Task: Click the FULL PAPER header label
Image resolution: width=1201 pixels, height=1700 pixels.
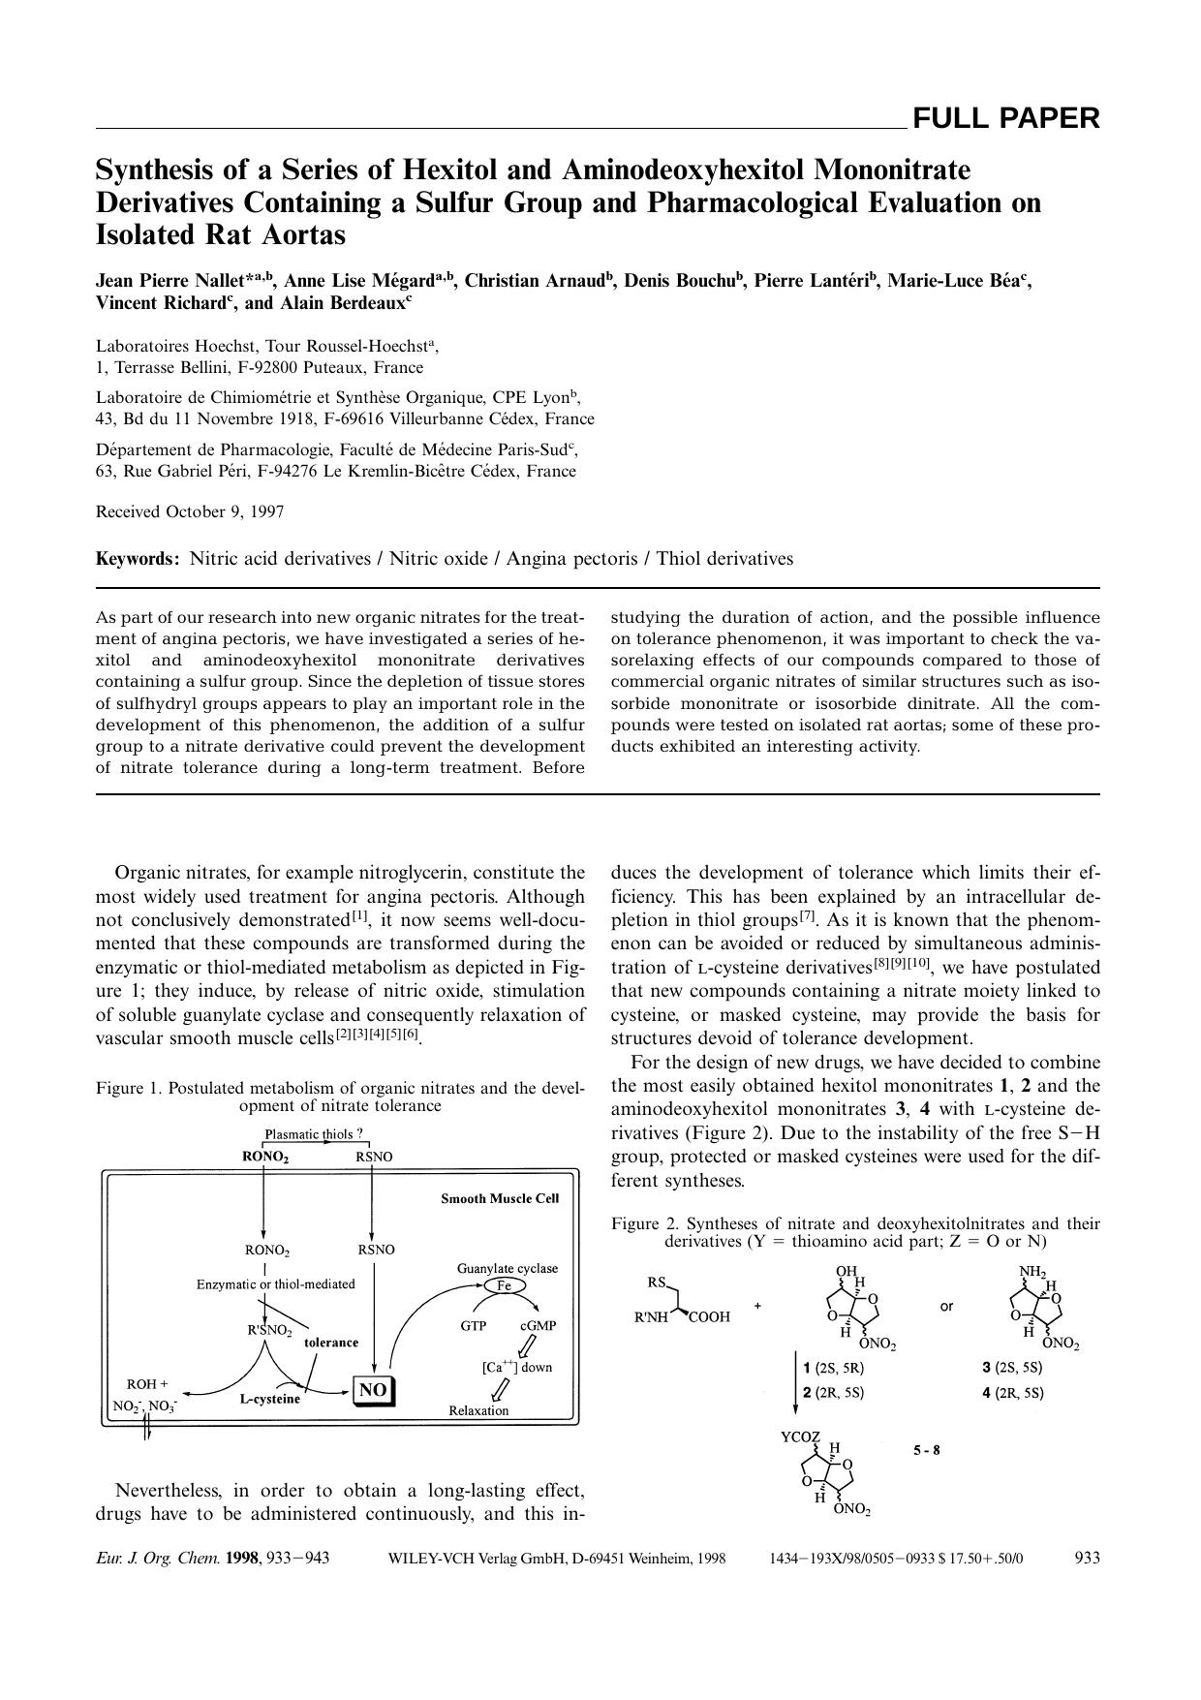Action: [1005, 119]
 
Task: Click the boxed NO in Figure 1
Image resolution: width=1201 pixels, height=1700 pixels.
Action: [373, 1390]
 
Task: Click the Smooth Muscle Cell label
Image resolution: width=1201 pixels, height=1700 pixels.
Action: [500, 1198]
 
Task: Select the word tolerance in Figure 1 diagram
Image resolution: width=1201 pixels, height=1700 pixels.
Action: [331, 1343]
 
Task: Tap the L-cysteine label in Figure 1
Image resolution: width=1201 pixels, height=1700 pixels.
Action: [270, 1399]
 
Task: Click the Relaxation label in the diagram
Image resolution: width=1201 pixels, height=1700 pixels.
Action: [478, 1410]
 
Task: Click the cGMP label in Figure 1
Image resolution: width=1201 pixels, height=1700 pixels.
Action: [538, 1326]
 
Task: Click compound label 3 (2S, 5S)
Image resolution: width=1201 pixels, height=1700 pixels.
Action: [1012, 1368]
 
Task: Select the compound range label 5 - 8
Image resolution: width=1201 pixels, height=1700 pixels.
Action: [926, 1450]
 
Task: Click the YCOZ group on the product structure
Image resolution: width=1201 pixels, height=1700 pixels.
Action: [800, 1437]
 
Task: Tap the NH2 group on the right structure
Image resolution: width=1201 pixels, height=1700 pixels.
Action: [1032, 1271]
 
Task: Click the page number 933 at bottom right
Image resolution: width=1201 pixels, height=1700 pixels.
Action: [1087, 1558]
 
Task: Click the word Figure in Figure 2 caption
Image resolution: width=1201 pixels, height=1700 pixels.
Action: [634, 1223]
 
